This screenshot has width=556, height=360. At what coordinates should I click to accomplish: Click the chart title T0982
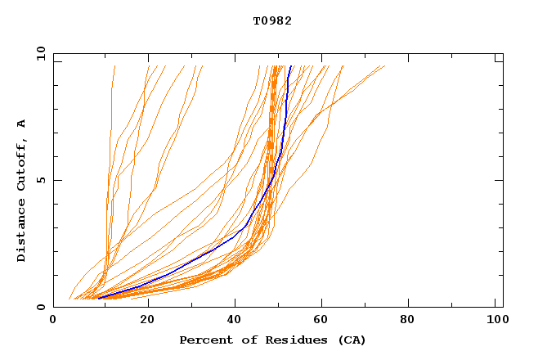pos(271,20)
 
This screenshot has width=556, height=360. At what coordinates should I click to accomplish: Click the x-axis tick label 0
pos(53,320)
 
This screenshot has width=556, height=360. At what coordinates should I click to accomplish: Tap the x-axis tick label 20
pos(147,320)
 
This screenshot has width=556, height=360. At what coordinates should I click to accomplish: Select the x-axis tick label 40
pos(235,320)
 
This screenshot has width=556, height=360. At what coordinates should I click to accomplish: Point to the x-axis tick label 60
pos(324,320)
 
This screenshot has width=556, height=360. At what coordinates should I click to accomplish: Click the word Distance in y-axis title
pos(22,232)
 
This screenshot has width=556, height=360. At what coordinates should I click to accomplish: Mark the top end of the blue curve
pos(290,66)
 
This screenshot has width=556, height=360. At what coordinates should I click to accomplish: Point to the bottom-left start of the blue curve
pos(98,298)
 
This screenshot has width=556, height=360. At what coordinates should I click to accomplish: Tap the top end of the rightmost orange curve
pos(384,66)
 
